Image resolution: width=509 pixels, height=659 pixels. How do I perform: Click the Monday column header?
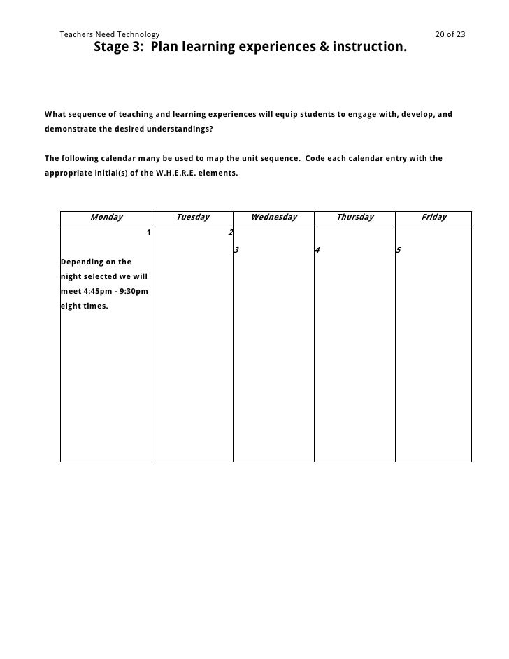[106, 218]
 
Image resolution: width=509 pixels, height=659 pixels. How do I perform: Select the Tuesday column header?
[192, 218]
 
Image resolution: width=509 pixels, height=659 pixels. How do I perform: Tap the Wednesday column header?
[273, 218]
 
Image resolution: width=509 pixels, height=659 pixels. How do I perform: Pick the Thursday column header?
[354, 218]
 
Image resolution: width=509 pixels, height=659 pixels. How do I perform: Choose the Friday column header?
[433, 218]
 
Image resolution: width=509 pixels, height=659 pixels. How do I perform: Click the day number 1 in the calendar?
[148, 233]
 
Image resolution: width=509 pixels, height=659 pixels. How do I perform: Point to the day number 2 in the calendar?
[231, 233]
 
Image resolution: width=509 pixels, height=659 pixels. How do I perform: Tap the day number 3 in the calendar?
[237, 250]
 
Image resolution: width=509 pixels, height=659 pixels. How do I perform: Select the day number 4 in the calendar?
[317, 250]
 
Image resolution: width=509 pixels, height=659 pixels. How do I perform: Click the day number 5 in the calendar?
[399, 250]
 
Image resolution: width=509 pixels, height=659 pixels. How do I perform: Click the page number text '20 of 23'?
[450, 34]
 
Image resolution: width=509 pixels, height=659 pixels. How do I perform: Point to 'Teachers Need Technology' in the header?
[110, 34]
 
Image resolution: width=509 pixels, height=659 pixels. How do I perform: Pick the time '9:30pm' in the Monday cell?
[133, 291]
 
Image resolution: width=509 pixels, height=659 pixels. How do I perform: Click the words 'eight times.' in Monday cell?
[85, 306]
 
